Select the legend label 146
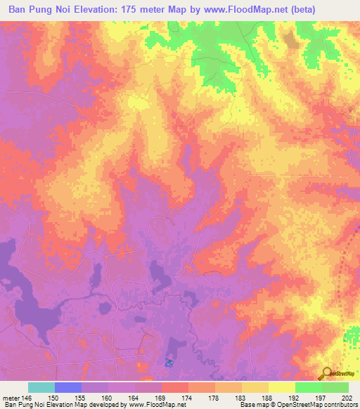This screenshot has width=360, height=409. pos(27,398)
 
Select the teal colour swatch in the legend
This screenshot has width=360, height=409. pos(41,387)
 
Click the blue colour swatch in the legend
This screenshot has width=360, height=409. pos(68,387)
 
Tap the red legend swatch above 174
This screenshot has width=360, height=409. pos(174,387)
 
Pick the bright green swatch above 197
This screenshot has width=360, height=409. pos(308,387)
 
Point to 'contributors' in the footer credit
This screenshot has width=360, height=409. pos(340,405)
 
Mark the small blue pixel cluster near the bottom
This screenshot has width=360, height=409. pos(169,363)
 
